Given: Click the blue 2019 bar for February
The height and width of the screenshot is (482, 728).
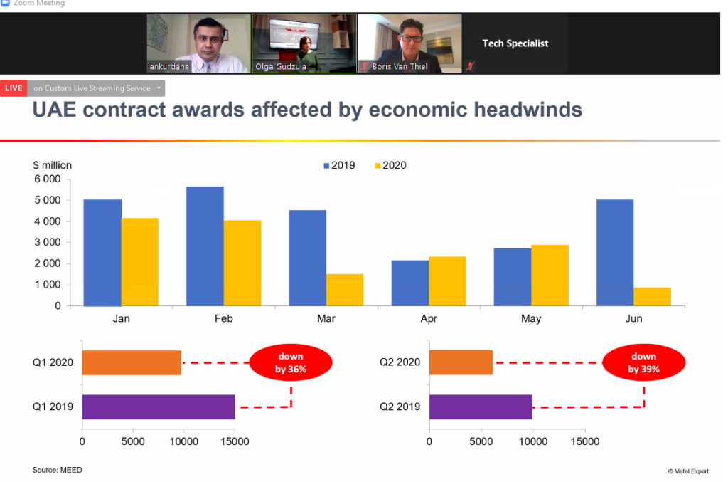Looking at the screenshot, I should [x=205, y=246].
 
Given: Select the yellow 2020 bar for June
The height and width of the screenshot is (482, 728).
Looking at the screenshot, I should [x=652, y=297].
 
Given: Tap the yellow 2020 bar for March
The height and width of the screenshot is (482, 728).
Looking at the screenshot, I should [x=345, y=290].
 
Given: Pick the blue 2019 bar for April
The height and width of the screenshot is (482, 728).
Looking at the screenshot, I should [x=410, y=283].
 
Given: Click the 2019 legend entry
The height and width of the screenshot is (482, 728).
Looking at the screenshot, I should [x=339, y=165].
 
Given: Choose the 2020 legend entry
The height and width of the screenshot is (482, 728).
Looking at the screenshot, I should [x=390, y=165].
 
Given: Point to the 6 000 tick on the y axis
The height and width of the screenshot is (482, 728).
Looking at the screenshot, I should [x=48, y=179].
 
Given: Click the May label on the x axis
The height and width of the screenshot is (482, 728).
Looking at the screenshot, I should [x=531, y=319].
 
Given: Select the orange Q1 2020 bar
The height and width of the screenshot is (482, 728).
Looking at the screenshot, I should [x=132, y=362].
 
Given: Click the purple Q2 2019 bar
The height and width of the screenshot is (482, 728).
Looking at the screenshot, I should [x=481, y=407].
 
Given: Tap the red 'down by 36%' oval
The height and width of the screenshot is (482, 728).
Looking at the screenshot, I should [x=290, y=362].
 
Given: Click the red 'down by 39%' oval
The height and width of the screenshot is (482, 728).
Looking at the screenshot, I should [x=643, y=362].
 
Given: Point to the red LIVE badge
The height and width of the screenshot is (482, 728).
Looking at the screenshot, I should [x=14, y=88].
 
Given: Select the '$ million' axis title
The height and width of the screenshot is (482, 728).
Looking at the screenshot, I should [x=52, y=165].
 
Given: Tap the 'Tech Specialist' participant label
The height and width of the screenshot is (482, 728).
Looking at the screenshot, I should [x=515, y=43].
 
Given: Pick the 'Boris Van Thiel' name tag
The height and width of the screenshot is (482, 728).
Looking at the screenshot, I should [x=400, y=67].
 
